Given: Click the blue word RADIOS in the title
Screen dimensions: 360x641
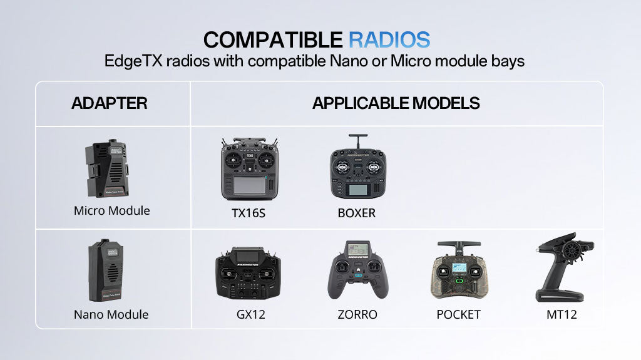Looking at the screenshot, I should tap(389, 39).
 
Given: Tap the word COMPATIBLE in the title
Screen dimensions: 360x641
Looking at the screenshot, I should tap(273, 39).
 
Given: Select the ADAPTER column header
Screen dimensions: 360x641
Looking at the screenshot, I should tap(110, 103).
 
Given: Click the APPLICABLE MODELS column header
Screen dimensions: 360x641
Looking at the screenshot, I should tap(396, 103).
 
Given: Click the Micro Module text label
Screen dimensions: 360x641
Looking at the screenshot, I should tap(112, 210).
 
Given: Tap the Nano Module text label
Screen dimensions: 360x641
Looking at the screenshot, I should tap(111, 314).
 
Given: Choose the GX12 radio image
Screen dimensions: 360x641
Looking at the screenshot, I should tap(247, 274).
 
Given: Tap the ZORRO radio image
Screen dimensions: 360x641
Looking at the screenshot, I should tap(357, 271).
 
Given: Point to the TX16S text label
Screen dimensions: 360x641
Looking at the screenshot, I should tap(249, 213).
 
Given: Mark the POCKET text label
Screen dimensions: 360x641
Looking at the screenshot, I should tap(458, 314).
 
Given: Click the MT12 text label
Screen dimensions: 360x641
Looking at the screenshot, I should tap(562, 314).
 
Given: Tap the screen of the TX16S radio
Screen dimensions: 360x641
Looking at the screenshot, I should tap(249, 185).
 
